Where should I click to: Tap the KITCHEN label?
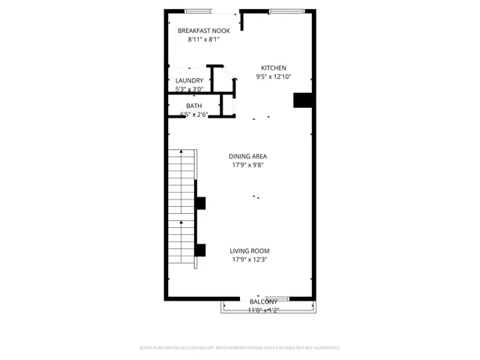click(273, 67)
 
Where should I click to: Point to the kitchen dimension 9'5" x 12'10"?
click(273, 76)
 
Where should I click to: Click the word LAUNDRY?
click(189, 80)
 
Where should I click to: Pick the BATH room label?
click(193, 106)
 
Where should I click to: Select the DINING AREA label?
click(248, 156)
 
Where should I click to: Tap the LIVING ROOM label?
click(250, 250)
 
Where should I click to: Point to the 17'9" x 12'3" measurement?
click(250, 259)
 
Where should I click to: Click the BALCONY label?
click(263, 301)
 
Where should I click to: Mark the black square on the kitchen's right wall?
click(303, 100)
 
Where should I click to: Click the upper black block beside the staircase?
click(200, 202)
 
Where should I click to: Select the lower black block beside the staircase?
click(200, 250)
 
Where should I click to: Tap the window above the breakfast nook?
click(198, 11)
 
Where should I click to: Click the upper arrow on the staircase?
click(181, 153)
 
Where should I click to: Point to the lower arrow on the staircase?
click(181, 223)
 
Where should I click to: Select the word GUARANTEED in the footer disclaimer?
click(324, 348)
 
